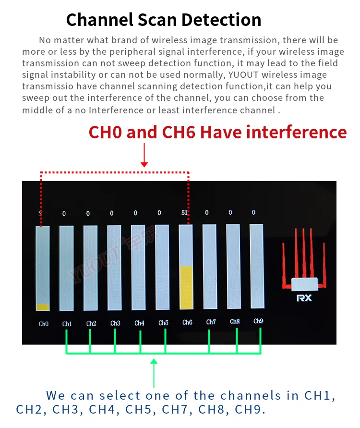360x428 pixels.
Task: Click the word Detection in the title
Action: pyautogui.click(x=221, y=20)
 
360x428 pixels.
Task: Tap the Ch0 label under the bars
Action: pyautogui.click(x=44, y=324)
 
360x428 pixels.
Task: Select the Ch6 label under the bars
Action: pyautogui.click(x=187, y=322)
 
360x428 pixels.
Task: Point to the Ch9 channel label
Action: pyautogui.click(x=258, y=321)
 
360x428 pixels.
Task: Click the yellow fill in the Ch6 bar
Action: pyautogui.click(x=187, y=288)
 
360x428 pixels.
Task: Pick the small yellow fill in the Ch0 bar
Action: pyautogui.click(x=43, y=307)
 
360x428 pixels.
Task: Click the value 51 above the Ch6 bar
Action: pyautogui.click(x=184, y=213)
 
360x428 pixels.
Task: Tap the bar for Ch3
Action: pyautogui.click(x=114, y=268)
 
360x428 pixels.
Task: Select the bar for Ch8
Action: pyautogui.click(x=233, y=267)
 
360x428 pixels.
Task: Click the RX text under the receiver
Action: pyautogui.click(x=304, y=298)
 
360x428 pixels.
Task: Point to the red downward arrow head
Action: pyautogui.click(x=144, y=164)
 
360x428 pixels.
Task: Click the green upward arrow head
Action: pyautogui.click(x=154, y=362)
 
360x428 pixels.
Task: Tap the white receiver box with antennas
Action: pyautogui.click(x=304, y=284)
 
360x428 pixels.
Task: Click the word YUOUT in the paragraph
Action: pyautogui.click(x=243, y=74)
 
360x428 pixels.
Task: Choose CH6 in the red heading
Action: pyautogui.click(x=179, y=132)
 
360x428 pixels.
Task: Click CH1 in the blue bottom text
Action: pyautogui.click(x=317, y=395)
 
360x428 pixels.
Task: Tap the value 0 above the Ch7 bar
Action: pyautogui.click(x=207, y=212)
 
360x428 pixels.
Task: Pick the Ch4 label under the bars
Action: pyautogui.click(x=139, y=323)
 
